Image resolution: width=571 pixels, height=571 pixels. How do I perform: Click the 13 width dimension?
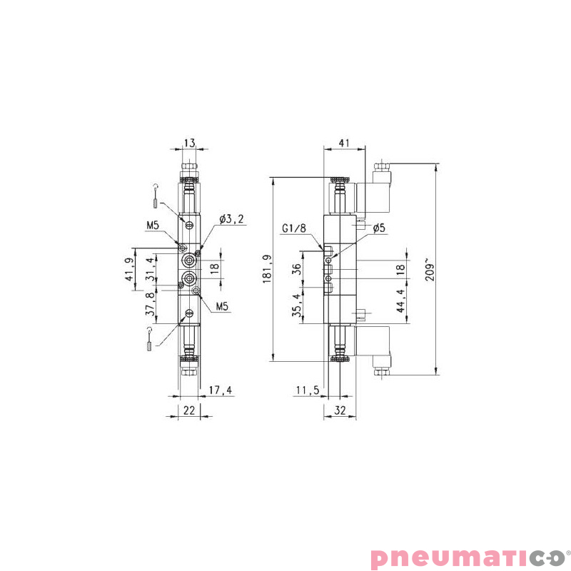pos(189,143)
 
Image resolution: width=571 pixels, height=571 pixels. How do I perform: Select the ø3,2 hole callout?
pos(232,219)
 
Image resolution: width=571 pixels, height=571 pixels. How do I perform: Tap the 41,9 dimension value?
pos(129,270)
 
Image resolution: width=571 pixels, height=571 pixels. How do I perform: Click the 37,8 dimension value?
pos(149,304)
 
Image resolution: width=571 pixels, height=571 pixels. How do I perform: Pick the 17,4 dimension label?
pos(221,390)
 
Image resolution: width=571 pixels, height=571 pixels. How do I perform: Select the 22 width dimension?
pos(189,410)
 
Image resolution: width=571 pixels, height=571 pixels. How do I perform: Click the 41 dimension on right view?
pos(343,143)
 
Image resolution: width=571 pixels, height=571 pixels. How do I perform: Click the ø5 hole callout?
pos(379,228)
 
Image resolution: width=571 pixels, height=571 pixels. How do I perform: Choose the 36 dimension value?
pos(297,269)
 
